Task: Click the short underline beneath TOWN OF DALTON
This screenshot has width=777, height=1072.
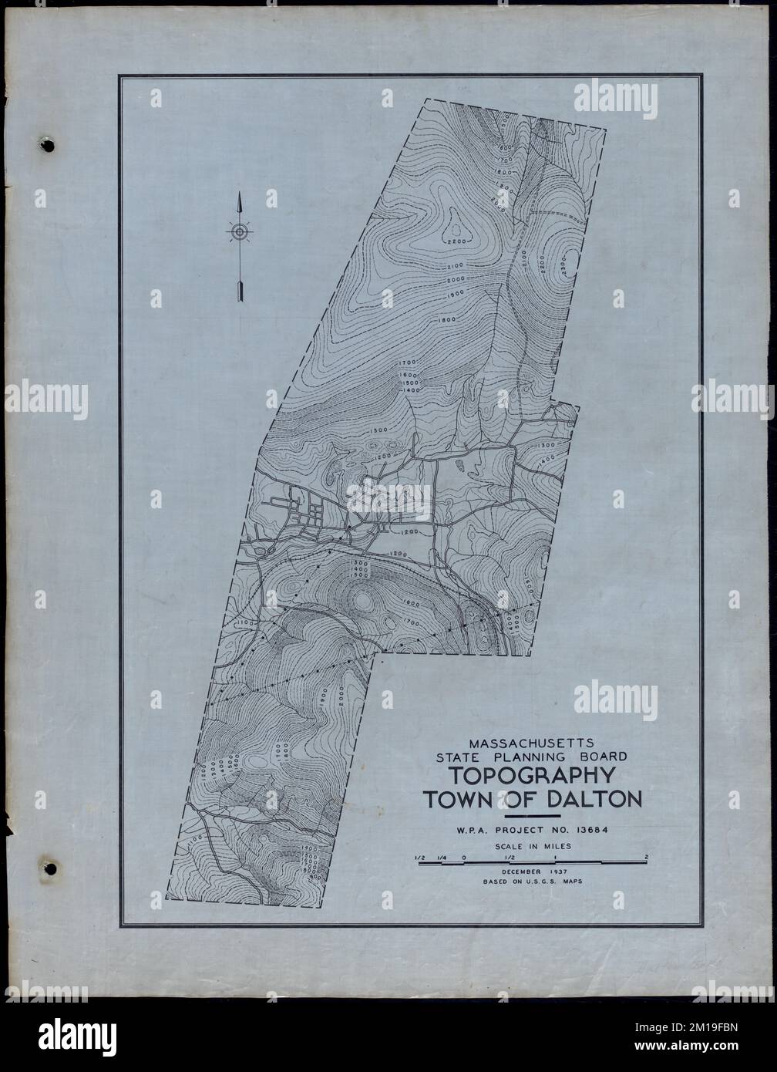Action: tap(531, 815)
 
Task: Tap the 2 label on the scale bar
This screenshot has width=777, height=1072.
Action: tap(645, 857)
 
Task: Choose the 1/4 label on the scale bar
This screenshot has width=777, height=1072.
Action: tap(442, 857)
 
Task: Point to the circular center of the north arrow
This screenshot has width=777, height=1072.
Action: tap(240, 231)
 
